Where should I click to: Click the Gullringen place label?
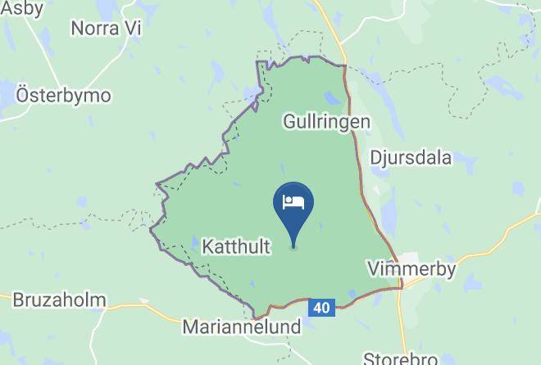tap(326, 122)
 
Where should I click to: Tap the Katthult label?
tap(236, 245)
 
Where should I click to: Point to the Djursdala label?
tap(411, 158)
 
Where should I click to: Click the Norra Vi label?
tap(107, 29)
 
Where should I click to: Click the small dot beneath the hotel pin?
tap(293, 247)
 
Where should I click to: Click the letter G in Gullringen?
tap(289, 122)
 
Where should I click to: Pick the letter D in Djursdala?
tap(375, 158)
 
